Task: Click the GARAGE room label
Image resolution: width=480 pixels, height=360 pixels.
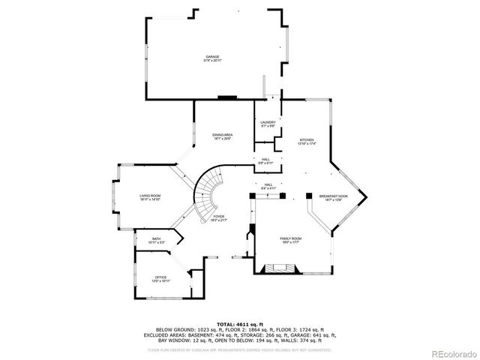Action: click(213, 57)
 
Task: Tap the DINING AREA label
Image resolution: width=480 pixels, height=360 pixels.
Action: click(223, 134)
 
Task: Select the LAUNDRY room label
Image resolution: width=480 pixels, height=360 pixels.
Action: click(268, 122)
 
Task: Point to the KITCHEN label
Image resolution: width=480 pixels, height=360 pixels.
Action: click(307, 139)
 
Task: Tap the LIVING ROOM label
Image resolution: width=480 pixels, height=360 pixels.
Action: click(150, 196)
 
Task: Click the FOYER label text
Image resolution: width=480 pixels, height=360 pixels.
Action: click(218, 216)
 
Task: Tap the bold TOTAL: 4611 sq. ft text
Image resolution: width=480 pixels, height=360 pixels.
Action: click(240, 323)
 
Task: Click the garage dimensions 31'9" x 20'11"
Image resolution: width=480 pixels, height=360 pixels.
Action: click(213, 60)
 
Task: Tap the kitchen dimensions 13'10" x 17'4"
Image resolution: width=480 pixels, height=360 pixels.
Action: click(307, 142)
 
